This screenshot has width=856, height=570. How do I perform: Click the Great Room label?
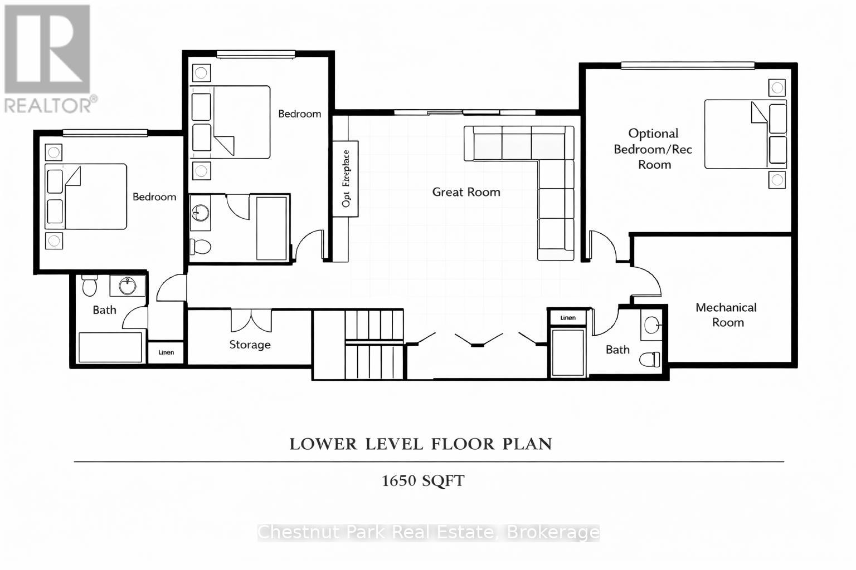(x=466, y=192)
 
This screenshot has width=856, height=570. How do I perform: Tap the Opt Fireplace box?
(x=346, y=179)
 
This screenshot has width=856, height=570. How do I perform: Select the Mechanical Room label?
(x=727, y=315)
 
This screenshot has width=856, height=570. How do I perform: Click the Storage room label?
(x=250, y=345)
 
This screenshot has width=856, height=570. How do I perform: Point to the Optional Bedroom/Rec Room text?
(x=653, y=149)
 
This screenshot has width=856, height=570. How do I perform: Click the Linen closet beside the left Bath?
(x=166, y=352)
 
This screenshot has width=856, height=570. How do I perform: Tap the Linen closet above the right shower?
(x=568, y=317)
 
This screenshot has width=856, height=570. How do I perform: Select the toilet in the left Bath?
(x=89, y=286)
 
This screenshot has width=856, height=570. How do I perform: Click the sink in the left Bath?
(x=128, y=286)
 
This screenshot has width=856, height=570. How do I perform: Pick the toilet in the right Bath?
(x=650, y=359)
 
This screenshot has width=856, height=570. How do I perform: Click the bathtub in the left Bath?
(x=110, y=347)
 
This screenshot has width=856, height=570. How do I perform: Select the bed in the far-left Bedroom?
(x=86, y=196)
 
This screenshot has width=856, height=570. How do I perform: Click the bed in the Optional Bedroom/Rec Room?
(x=745, y=134)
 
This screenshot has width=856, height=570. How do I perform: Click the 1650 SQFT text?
(x=422, y=480)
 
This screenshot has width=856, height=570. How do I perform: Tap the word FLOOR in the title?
(x=462, y=444)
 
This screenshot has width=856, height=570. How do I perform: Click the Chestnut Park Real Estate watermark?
(x=428, y=533)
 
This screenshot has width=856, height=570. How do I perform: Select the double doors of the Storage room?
(x=251, y=321)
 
